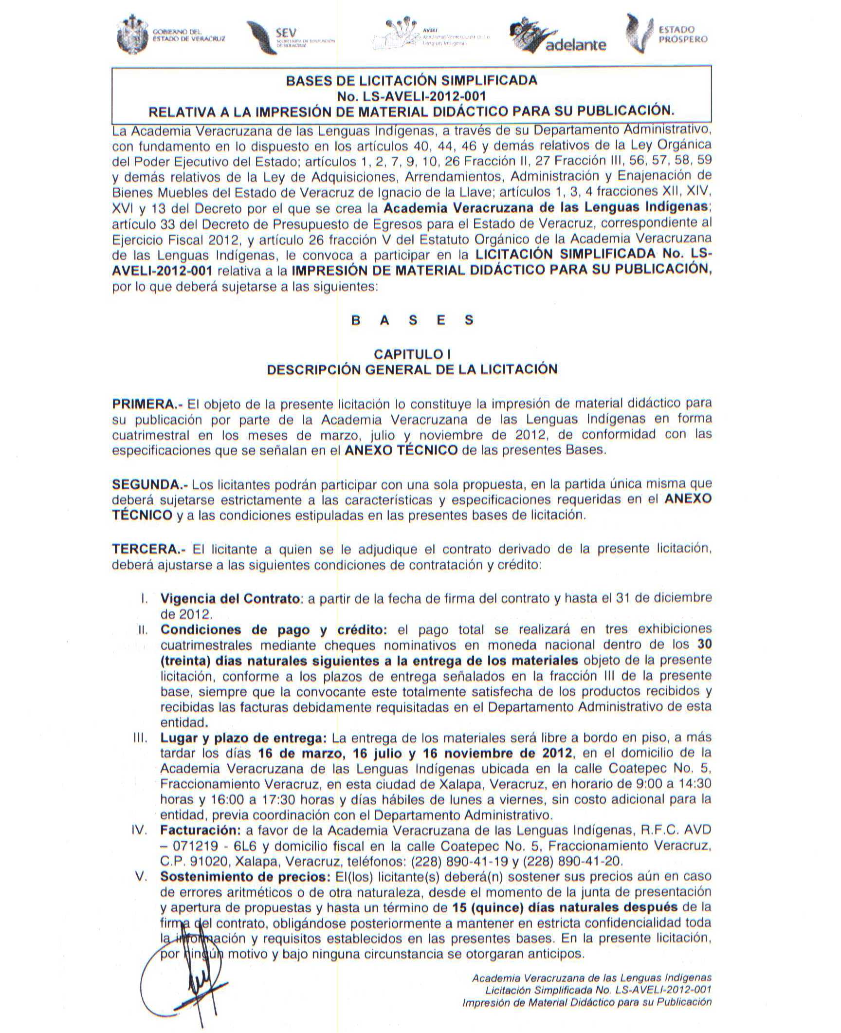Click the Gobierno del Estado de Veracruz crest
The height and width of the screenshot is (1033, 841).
tap(133, 35)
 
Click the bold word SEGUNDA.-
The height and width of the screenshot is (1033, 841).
tap(150, 484)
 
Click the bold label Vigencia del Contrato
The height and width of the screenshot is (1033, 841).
tap(230, 598)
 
